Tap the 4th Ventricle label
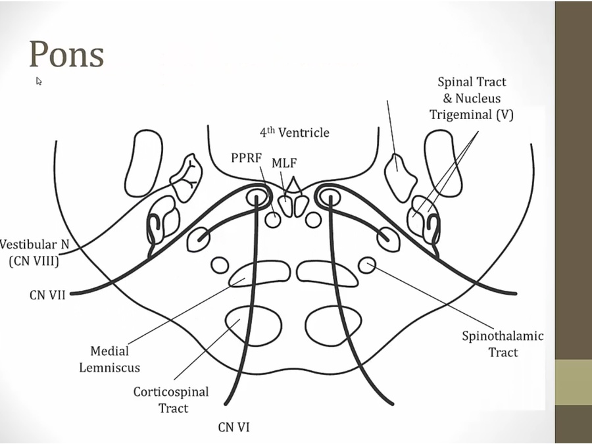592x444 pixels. coord(294,132)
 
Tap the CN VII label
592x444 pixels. coord(47,295)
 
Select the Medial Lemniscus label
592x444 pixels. coord(110,359)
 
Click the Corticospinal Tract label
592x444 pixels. coord(171,400)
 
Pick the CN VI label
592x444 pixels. coord(234,428)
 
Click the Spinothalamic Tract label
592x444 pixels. coord(503,344)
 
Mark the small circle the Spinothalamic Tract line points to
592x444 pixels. coord(367,265)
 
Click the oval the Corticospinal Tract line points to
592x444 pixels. coord(243,322)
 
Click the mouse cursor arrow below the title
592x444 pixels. coord(39,81)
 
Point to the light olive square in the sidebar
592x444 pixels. coord(573,382)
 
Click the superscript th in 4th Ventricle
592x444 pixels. coord(270,129)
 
